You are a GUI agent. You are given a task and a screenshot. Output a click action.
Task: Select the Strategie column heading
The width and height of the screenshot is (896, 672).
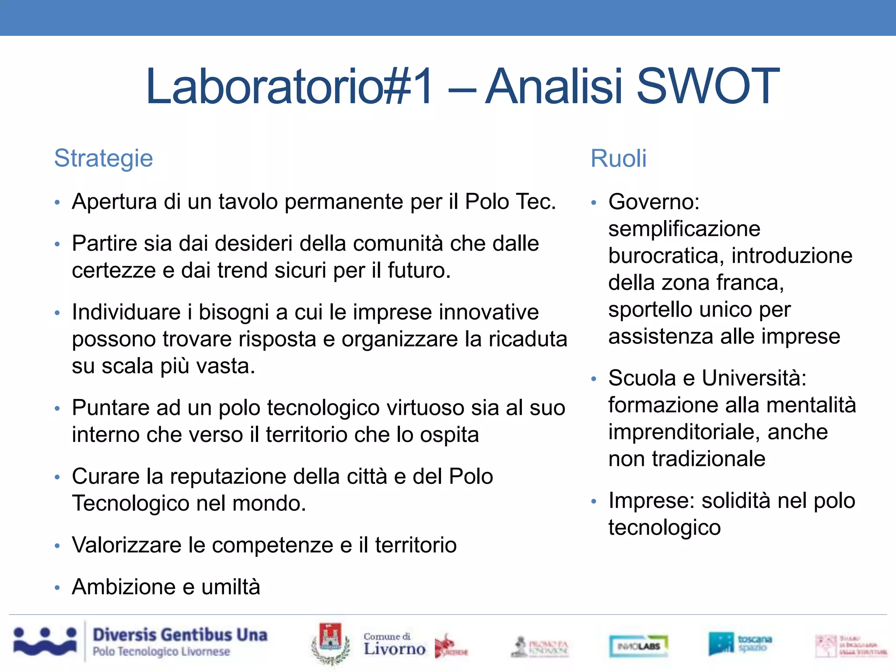point(104,158)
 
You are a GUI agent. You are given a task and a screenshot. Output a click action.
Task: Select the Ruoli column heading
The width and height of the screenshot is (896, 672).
point(618,158)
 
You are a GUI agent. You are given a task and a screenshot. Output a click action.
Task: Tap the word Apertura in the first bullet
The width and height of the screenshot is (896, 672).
point(114,202)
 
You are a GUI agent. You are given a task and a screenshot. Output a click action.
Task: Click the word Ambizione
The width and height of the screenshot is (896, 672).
point(127,587)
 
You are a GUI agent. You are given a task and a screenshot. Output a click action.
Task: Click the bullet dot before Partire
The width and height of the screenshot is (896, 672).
point(57,244)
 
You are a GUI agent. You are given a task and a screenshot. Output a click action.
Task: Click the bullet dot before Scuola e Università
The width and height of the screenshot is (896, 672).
point(594,379)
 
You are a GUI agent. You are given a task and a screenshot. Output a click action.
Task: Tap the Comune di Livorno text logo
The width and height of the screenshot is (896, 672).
point(394,644)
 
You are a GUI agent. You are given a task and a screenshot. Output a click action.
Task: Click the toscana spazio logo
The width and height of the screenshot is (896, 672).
point(740,644)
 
